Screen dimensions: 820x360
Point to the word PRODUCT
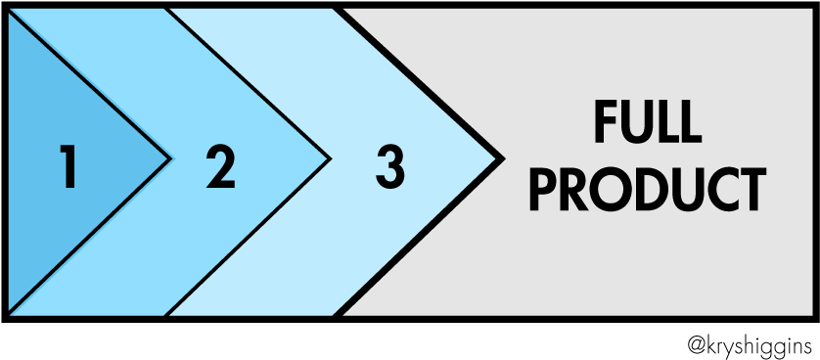point(647,191)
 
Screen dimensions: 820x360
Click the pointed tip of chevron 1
point(169,157)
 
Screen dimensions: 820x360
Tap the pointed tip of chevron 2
point(329,157)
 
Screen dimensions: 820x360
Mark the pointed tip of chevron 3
point(501,157)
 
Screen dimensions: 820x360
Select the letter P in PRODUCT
point(544,191)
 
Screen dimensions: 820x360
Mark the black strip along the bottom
point(410,337)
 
